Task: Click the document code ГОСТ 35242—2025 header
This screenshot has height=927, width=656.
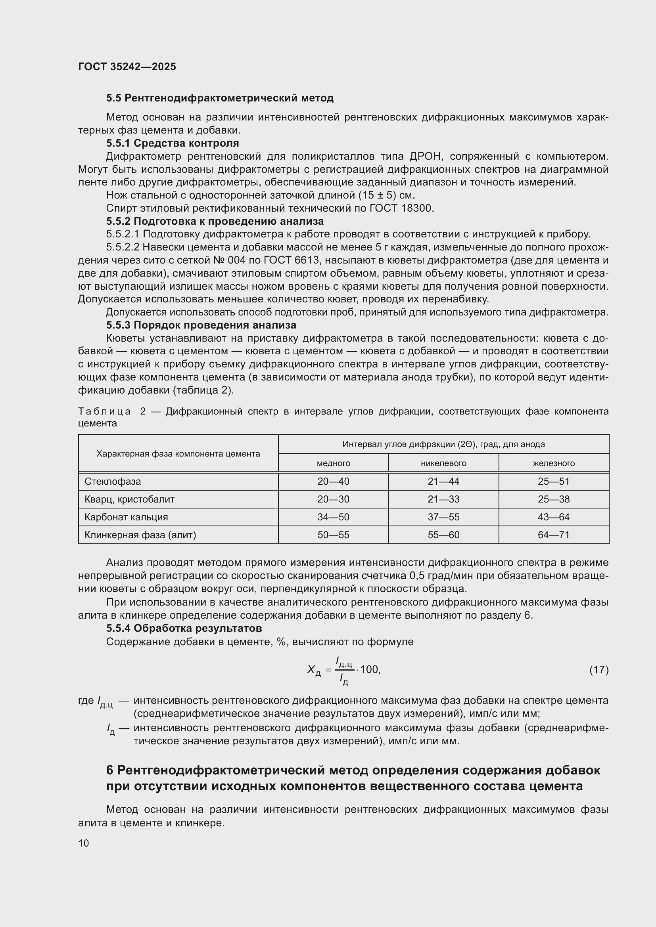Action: (127, 67)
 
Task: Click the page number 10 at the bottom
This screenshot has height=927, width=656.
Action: (84, 843)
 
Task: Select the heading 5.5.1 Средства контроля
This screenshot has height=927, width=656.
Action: (173, 143)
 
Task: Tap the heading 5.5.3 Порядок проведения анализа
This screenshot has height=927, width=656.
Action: (201, 325)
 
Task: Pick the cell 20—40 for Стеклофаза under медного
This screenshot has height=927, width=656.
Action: (333, 481)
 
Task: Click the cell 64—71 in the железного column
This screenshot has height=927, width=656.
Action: (553, 535)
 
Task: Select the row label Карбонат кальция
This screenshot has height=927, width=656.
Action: (126, 517)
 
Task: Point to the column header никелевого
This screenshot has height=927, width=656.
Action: (443, 463)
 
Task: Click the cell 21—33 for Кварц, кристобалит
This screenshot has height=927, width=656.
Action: (443, 499)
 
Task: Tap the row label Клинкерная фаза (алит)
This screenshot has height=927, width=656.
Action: (140, 535)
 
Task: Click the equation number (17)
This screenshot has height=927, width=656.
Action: (598, 670)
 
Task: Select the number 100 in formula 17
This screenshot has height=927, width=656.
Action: (369, 669)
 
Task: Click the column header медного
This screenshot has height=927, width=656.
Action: (333, 463)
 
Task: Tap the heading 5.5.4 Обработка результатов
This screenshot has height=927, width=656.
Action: (184, 628)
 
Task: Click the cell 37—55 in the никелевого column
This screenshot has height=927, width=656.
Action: (443, 517)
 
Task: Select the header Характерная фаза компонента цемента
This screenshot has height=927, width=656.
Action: (178, 454)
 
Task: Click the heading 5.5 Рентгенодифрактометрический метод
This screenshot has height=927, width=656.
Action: (220, 98)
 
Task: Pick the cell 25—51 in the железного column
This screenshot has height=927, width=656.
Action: (553, 481)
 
